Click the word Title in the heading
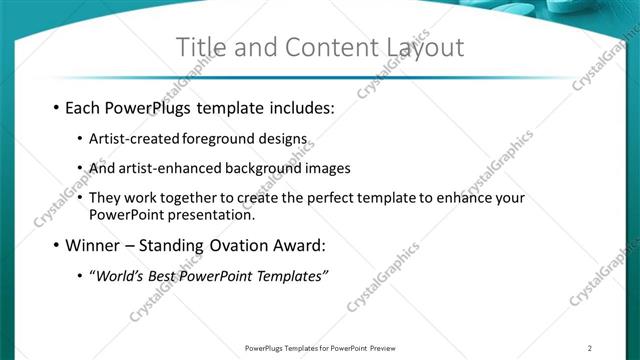pyautogui.click(x=201, y=48)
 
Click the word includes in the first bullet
pyautogui.click(x=297, y=107)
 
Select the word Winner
pyautogui.click(x=93, y=245)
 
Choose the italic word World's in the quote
pyautogui.click(x=120, y=275)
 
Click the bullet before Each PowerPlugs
pyautogui.click(x=55, y=107)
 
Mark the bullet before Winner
pyautogui.click(x=55, y=245)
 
